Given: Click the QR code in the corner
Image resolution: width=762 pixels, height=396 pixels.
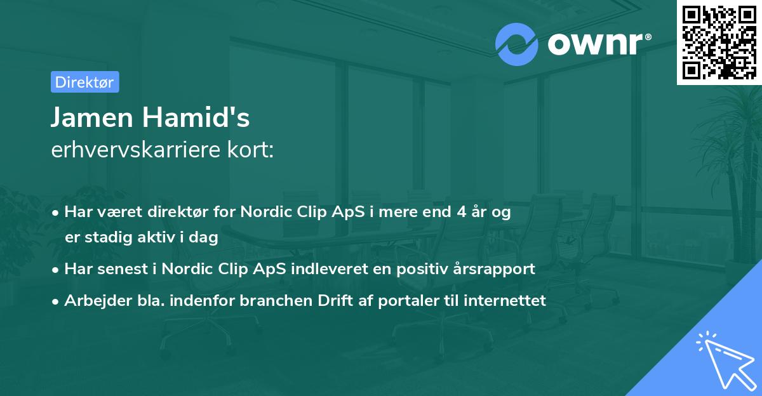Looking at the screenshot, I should (x=719, y=43).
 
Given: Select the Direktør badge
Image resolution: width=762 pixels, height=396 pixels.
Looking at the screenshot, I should (x=84, y=82).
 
